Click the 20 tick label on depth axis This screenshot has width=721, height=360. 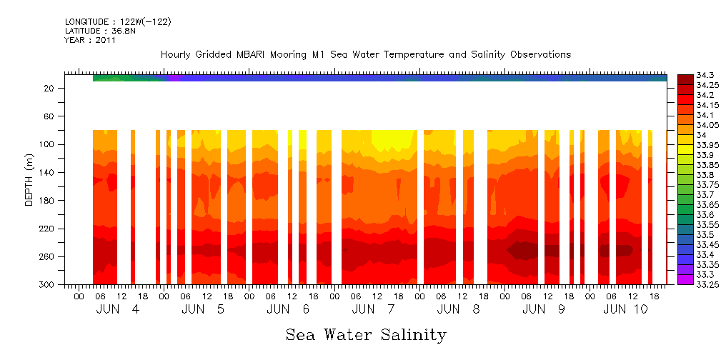50,88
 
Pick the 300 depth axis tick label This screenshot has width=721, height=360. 47,285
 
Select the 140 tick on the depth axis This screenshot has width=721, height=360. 47,172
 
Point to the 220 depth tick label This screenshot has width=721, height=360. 47,229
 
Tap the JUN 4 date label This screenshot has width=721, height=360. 118,309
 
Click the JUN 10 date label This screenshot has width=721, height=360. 625,309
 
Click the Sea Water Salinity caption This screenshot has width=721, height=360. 366,335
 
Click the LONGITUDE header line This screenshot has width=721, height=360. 117,22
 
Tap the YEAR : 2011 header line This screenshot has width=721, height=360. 90,40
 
